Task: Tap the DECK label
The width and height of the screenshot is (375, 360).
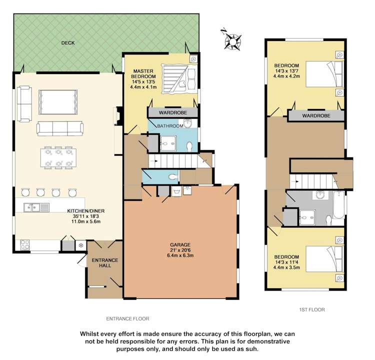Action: coord(68,43)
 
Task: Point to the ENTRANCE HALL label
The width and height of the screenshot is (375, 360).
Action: coord(104,263)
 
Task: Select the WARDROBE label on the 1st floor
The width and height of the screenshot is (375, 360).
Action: coord(316,115)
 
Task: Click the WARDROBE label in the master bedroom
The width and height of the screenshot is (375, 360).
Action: coord(173,113)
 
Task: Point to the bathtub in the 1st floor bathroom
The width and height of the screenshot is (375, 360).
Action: coord(338,205)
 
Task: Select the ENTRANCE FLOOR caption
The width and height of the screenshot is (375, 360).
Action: coord(127,318)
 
